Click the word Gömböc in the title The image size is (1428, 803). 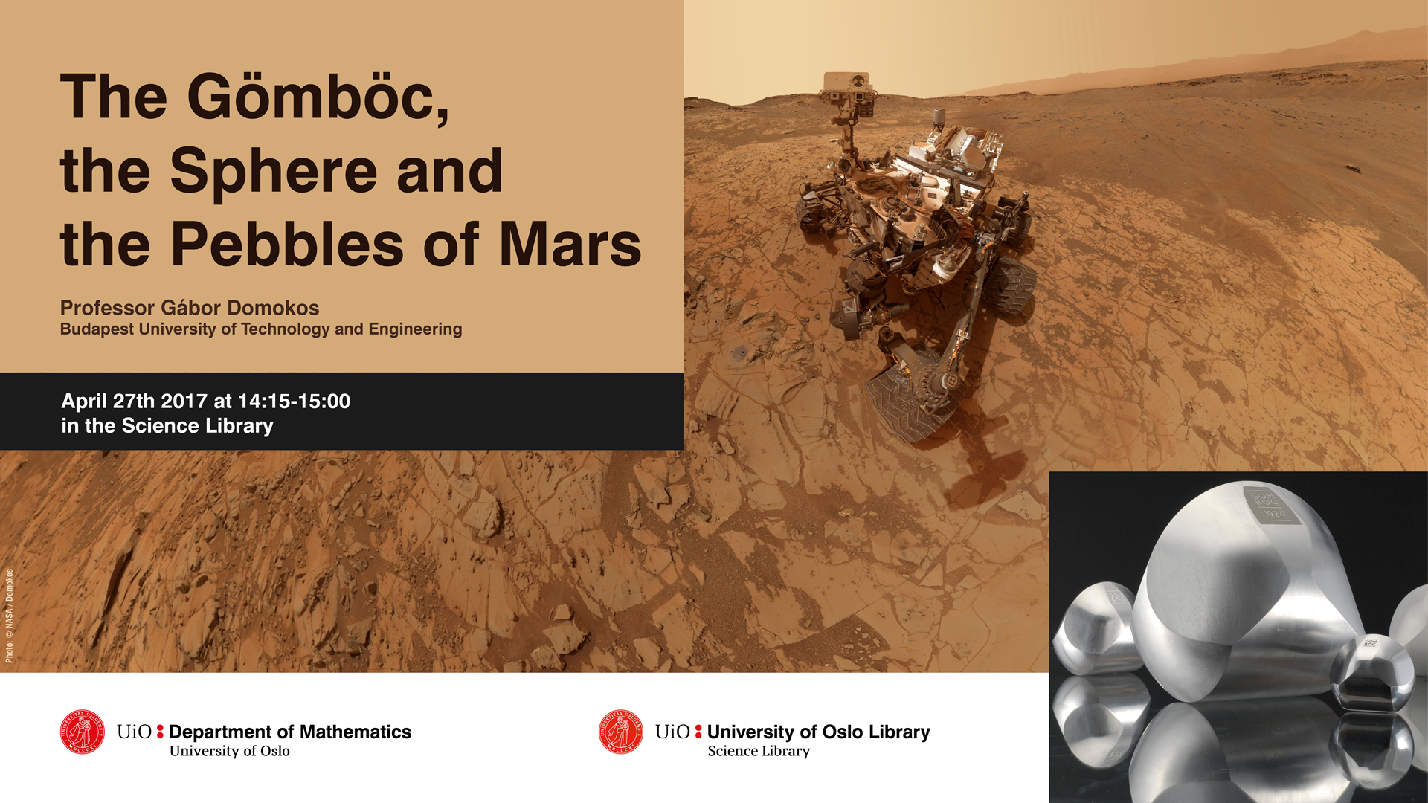(318, 97)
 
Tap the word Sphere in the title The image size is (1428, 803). (274, 171)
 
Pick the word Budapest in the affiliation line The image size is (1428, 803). (97, 329)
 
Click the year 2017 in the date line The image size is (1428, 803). (184, 401)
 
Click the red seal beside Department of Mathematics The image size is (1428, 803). (83, 732)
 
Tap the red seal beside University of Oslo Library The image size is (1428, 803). (621, 732)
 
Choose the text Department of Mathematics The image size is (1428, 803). (290, 732)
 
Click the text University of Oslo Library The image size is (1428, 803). (818, 732)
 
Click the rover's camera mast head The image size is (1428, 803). (848, 88)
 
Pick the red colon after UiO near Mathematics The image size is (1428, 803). (160, 732)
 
